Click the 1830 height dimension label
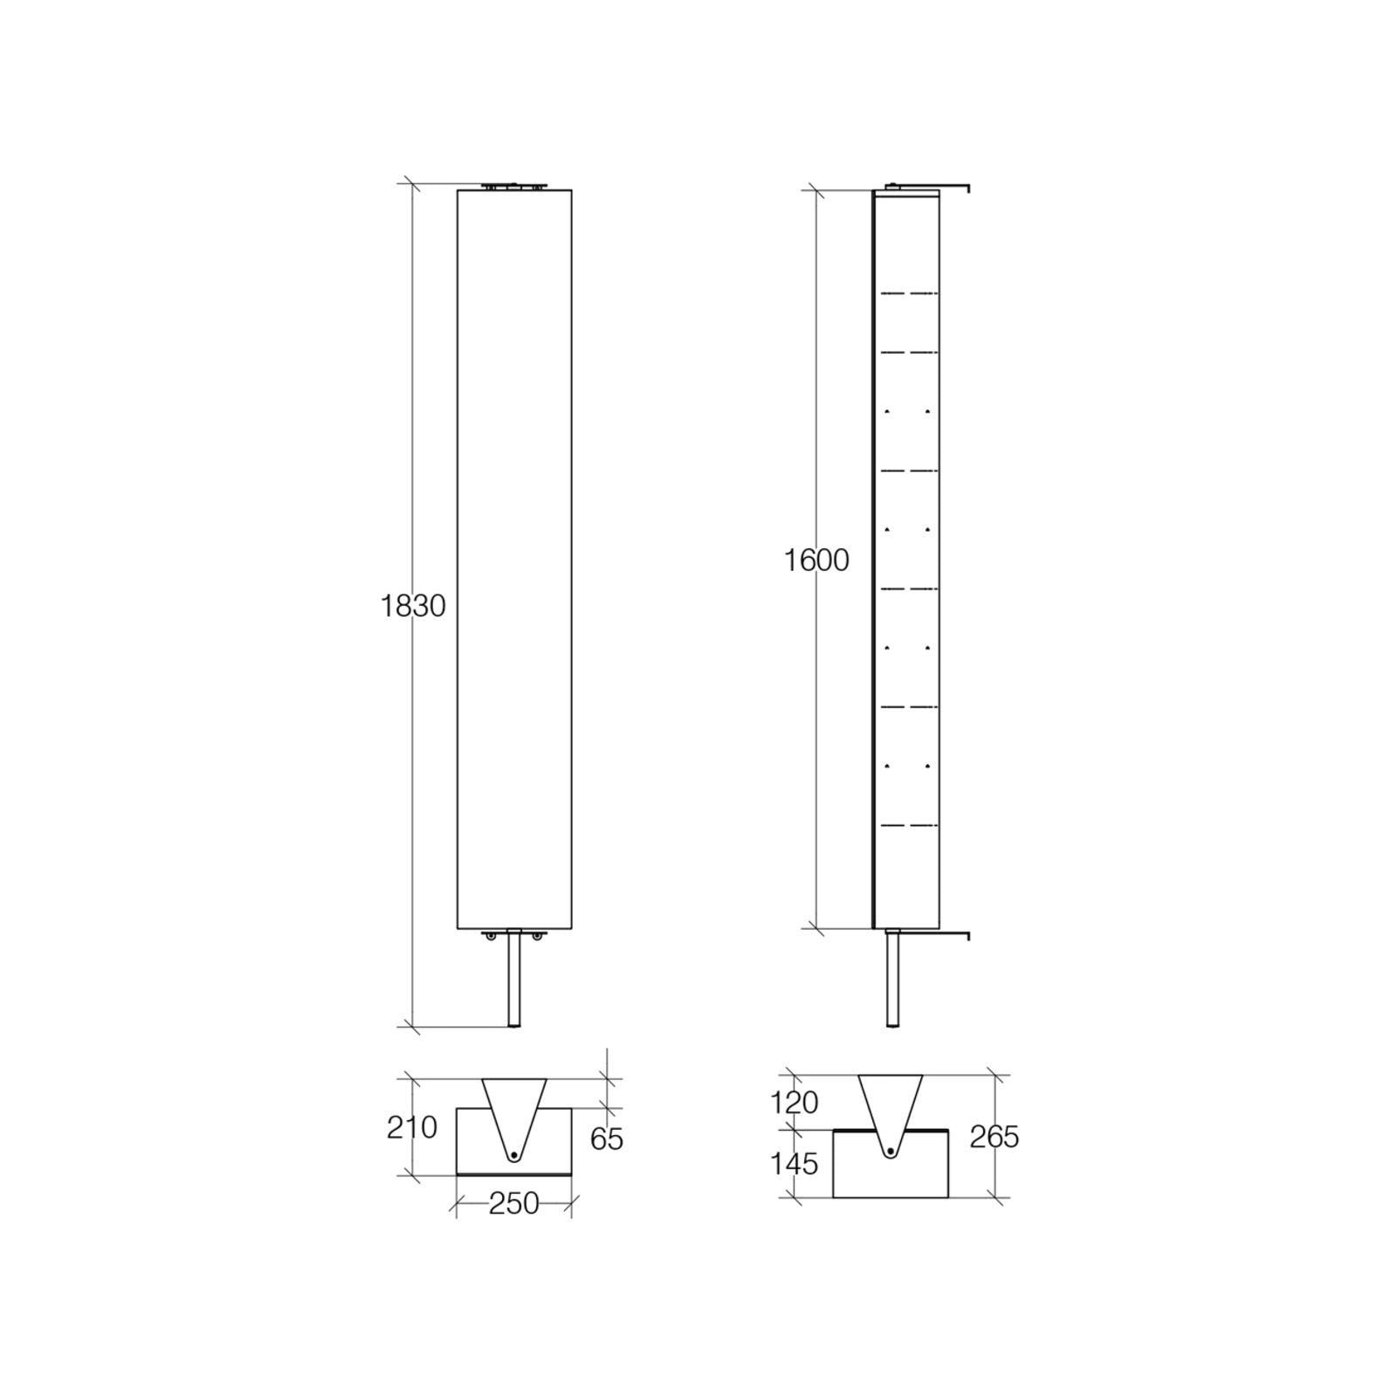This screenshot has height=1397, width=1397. tap(413, 606)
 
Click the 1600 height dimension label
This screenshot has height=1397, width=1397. tap(815, 561)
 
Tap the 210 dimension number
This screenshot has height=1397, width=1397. tap(411, 1128)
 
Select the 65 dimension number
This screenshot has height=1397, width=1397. tap(607, 1139)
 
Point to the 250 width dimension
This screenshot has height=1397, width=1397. tap(513, 1204)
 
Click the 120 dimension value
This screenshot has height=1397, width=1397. tap(794, 1104)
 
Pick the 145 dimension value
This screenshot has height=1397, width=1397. tap(794, 1164)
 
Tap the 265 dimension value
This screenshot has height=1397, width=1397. tap(994, 1137)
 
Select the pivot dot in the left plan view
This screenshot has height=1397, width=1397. tap(514, 1155)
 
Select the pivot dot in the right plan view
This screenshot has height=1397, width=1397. tap(890, 1153)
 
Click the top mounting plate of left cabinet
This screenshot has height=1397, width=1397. tap(514, 186)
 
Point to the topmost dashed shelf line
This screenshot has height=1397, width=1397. tap(909, 293)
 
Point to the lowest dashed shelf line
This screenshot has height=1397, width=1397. tap(909, 825)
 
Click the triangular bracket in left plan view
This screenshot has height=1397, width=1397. tap(514, 1109)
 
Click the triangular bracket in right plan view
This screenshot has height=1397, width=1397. tap(890, 1105)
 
